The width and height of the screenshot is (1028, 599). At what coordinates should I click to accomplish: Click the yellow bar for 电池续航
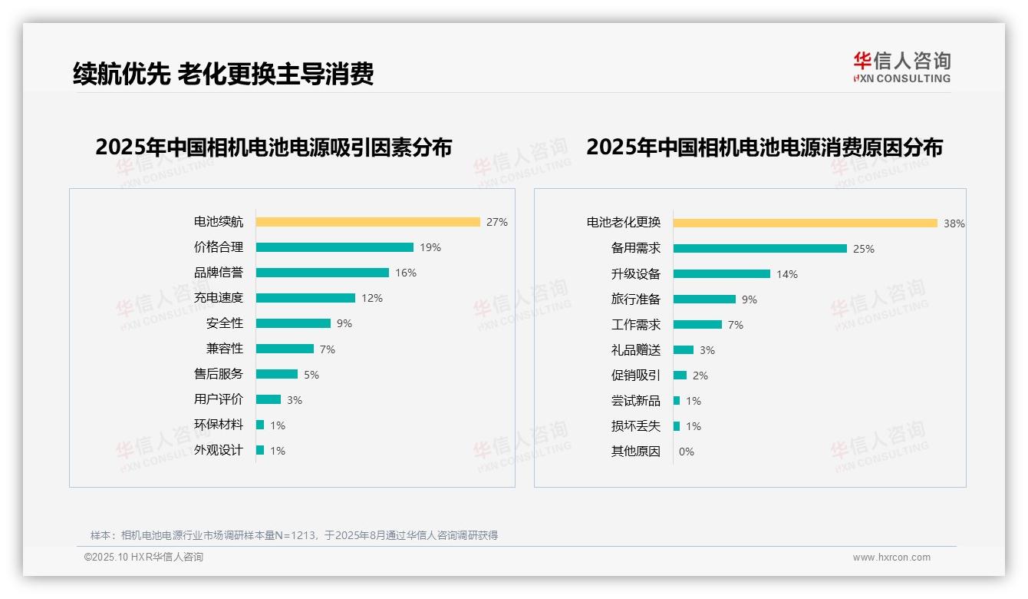(367, 222)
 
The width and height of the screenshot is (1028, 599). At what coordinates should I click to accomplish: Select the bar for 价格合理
(334, 247)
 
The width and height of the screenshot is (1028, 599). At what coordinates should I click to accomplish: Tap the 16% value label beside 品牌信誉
(406, 273)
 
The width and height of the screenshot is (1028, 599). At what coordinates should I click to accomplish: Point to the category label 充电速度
(219, 297)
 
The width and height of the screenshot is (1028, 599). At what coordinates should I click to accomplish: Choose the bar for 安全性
(293, 323)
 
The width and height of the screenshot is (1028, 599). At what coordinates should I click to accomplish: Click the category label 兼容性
(225, 348)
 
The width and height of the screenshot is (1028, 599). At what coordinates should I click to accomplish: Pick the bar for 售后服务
(276, 374)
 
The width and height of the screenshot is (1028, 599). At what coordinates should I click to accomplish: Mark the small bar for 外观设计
(260, 450)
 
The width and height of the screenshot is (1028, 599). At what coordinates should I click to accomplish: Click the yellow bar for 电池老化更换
(805, 223)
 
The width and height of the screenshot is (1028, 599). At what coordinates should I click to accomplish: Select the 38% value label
(954, 223)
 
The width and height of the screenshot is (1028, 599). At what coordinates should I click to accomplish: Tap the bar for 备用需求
(759, 248)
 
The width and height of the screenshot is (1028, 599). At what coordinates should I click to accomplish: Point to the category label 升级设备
(636, 273)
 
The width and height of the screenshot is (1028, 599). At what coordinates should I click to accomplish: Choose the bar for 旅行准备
(704, 299)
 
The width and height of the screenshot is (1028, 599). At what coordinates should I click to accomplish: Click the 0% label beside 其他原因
(687, 452)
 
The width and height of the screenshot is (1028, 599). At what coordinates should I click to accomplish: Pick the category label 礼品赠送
(636, 349)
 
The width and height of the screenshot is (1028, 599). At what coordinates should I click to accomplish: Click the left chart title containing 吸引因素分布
(274, 147)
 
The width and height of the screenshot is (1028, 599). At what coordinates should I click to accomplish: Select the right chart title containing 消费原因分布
(764, 147)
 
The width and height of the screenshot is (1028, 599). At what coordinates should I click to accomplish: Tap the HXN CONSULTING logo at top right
(901, 68)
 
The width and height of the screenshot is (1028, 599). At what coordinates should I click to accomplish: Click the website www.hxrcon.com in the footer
(891, 558)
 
